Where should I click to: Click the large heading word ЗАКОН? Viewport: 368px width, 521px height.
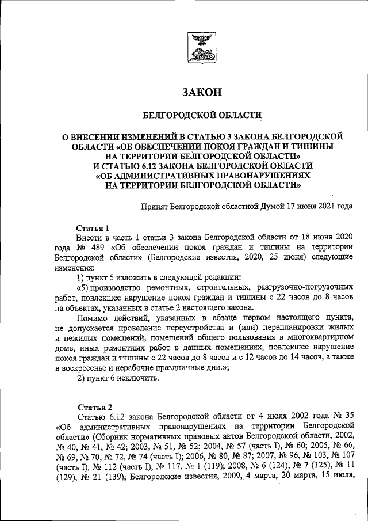[x=201, y=92]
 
